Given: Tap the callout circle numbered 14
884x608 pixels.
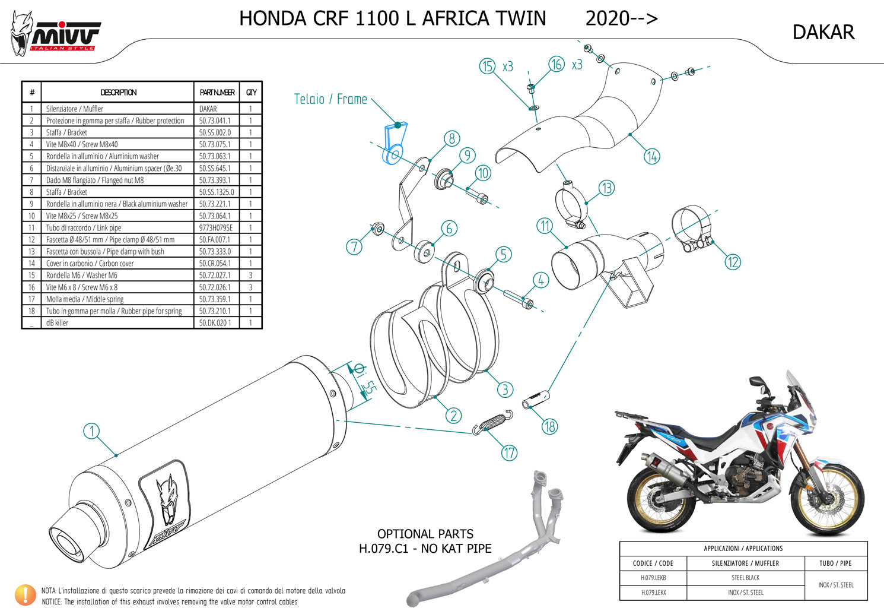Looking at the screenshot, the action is tap(652, 156).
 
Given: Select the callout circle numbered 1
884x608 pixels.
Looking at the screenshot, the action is tap(91, 431).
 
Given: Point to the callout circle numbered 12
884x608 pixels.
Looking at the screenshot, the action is tap(733, 262).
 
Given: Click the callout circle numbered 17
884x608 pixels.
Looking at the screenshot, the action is tap(509, 453).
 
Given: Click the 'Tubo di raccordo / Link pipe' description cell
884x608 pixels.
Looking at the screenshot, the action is tap(117, 227).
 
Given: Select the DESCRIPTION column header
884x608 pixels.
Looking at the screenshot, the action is tap(118, 93).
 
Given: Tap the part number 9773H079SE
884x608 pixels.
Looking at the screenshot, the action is tap(216, 227).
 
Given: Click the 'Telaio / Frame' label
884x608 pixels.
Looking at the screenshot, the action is tap(330, 99).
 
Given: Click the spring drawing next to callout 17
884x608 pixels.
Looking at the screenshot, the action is tap(493, 423).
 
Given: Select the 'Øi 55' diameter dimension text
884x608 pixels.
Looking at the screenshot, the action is tap(364, 380).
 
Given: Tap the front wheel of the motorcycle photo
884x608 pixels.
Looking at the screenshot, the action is tap(829, 498).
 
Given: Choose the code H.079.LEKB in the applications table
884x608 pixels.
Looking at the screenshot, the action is tap(653, 578).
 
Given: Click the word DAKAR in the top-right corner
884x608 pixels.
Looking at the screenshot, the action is tap(823, 33).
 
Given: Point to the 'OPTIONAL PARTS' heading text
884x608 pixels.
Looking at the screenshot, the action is tap(425, 534).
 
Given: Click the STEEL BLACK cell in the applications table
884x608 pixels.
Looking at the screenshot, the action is tap(746, 578).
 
